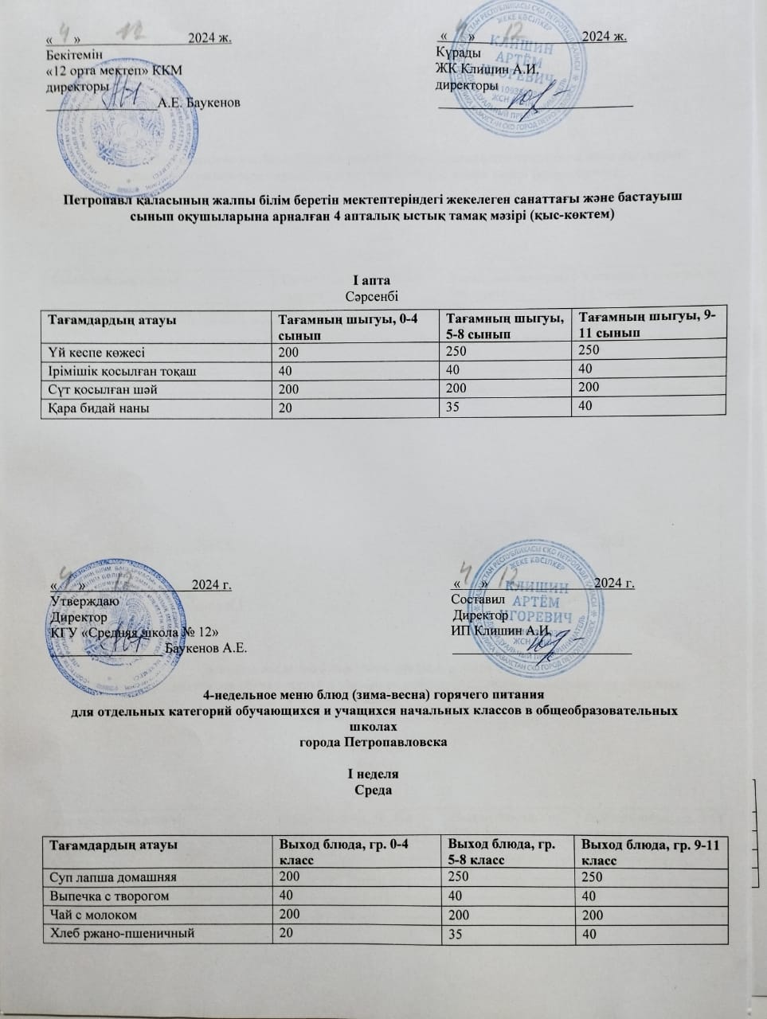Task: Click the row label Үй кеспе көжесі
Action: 98,351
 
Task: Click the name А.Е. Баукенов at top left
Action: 198,102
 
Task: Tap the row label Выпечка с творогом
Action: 108,896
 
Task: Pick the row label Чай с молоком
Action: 92,915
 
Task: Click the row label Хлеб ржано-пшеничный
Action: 121,933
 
